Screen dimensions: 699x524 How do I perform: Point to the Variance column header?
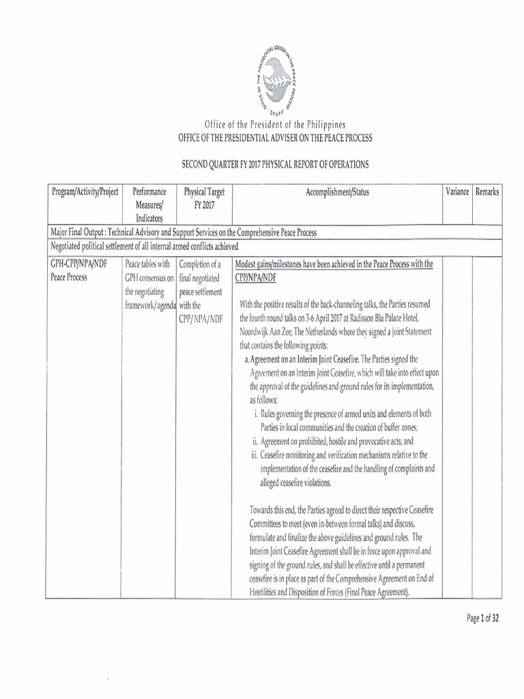coord(457,192)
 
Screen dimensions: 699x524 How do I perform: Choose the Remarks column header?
coord(487,192)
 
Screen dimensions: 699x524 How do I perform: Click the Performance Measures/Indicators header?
coord(149,205)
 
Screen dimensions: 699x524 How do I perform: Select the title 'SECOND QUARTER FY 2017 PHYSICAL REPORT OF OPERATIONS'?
coord(274,165)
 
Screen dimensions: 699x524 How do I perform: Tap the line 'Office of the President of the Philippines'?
coord(275,125)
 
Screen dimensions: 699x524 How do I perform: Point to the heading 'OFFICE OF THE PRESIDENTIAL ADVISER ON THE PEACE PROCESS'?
coord(275,138)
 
